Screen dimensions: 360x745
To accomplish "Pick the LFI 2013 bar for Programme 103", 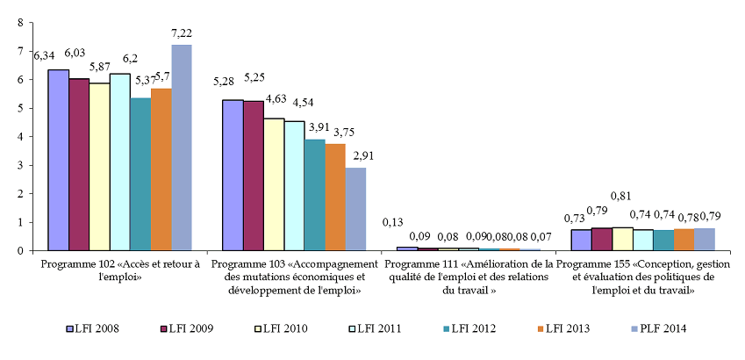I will [335, 197].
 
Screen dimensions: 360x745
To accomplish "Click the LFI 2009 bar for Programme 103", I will [254, 176].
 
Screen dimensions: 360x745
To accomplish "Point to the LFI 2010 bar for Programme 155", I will [622, 239].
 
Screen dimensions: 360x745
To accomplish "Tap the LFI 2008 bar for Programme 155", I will [581, 240].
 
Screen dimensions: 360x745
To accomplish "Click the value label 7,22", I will [182, 33].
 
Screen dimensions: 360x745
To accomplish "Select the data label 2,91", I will [356, 155].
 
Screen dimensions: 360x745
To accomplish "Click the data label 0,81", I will [622, 196].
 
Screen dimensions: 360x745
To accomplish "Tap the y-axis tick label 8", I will [19, 23].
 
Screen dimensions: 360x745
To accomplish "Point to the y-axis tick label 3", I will [19, 165].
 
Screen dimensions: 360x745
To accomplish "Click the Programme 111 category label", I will [470, 277].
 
